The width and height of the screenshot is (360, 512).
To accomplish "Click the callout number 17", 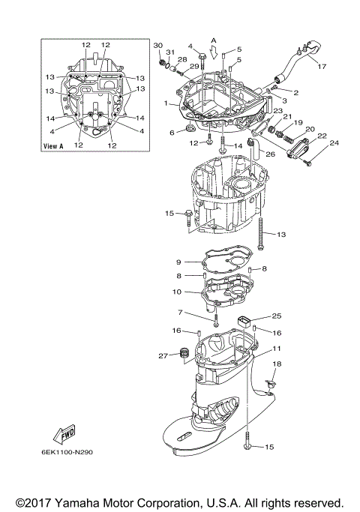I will point(322,67).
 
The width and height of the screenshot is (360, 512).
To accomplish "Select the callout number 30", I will point(157,46).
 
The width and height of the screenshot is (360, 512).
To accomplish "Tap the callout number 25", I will point(276,316).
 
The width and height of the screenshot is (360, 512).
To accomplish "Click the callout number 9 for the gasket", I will point(179,262).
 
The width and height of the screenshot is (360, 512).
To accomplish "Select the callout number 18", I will point(276,364).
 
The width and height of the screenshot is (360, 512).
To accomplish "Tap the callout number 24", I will point(334,143).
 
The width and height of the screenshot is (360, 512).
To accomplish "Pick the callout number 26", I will point(270,155).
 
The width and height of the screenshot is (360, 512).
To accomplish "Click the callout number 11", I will point(277,349).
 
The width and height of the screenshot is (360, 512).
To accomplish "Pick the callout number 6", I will point(172,132).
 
